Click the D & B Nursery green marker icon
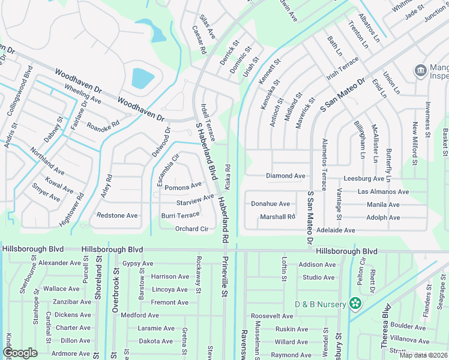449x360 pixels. (x=356, y=304)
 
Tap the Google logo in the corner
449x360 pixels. (x=20, y=353)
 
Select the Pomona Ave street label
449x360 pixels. (x=183, y=187)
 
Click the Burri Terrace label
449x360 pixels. (x=180, y=215)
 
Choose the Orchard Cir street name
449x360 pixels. (x=191, y=229)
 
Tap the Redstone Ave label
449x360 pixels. (x=117, y=215)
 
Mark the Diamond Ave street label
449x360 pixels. (x=285, y=176)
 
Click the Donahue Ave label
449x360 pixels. (x=270, y=204)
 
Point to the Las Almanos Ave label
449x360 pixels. (x=383, y=191)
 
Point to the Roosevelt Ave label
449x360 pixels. (x=271, y=316)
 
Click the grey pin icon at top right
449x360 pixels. (x=421, y=71)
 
